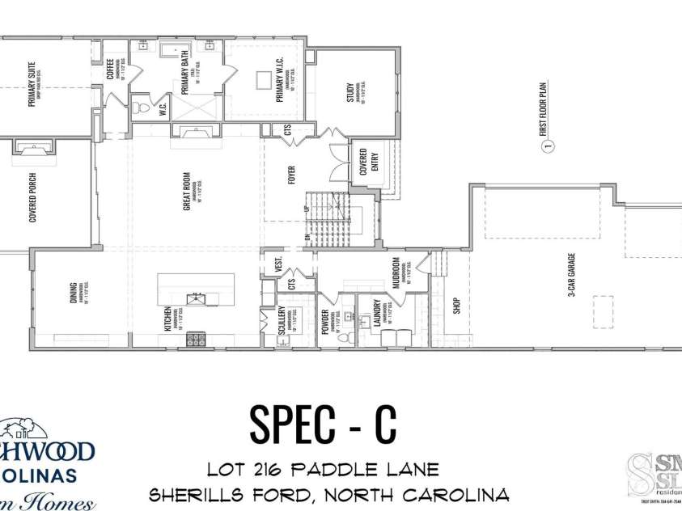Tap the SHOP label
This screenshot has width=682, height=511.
(x=455, y=306)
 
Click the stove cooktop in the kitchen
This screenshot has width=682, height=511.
(x=197, y=339)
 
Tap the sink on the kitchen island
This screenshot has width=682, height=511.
(x=197, y=299)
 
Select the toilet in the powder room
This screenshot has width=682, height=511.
(x=342, y=337)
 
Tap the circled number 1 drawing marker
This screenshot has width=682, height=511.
(x=547, y=146)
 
